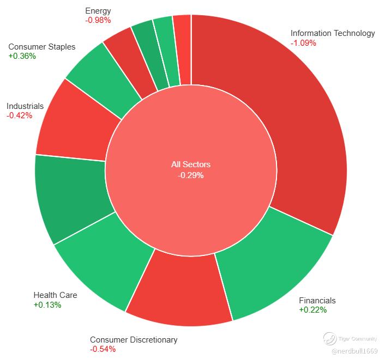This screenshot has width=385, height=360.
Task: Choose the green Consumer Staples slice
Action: point(103,78)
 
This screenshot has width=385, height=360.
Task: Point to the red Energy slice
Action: point(128,59)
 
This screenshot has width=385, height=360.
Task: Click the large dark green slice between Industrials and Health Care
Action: point(71,196)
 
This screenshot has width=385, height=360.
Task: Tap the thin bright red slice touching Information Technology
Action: point(183,49)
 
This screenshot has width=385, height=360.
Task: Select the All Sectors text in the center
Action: point(191,164)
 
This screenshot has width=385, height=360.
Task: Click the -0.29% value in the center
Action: point(191,175)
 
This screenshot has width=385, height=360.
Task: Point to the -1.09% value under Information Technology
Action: point(303,43)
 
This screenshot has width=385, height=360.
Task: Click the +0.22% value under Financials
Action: point(313,310)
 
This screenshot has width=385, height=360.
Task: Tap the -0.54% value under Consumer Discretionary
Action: point(103,349)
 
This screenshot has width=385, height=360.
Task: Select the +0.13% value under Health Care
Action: point(47,305)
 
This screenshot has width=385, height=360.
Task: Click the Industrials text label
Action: point(25,106)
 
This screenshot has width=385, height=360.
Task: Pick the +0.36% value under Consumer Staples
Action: point(22,56)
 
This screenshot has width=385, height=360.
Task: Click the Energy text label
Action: point(98,11)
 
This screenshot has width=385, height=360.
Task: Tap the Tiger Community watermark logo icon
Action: point(329,339)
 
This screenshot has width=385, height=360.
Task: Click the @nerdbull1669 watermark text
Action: point(354,351)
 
